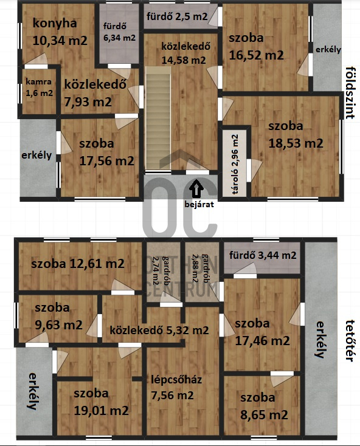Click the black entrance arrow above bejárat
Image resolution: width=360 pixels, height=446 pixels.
coord(196,188)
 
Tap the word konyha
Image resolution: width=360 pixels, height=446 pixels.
coord(55,23)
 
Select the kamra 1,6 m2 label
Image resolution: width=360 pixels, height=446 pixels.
coord(39,87)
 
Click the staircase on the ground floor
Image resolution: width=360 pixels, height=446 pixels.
coord(158,118)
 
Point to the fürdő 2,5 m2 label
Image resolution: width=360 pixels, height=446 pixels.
coord(177,16)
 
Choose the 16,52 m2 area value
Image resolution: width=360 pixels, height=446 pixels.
coord(256,55)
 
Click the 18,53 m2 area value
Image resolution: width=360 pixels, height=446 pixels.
coord(296,143)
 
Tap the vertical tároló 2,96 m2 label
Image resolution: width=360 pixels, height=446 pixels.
coord(235,164)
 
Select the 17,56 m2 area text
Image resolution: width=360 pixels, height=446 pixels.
coord(106,161)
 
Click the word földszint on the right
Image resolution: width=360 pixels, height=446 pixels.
coord(350,93)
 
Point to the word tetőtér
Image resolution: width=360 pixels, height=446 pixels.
coord(350,341)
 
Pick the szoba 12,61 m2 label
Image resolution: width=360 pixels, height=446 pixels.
coord(78,264)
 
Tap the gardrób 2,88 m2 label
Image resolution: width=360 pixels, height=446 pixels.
coord(199,268)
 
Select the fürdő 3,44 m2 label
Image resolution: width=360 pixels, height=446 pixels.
coord(263,255)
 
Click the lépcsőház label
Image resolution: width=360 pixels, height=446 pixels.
coord(176,380)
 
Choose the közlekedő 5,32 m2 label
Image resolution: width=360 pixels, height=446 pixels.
coord(159,330)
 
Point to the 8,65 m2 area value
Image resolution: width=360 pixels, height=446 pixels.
coord(264,415)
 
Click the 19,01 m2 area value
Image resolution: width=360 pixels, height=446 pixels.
coord(101,411)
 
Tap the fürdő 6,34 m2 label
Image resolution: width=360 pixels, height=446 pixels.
coord(119,32)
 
